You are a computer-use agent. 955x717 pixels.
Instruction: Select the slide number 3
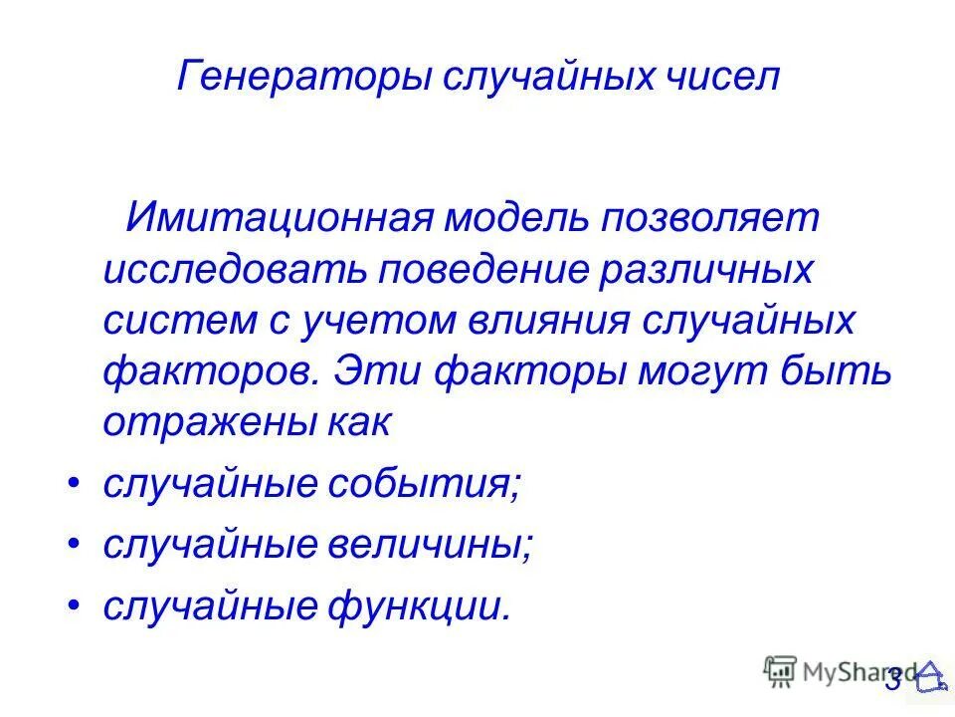[x=892, y=679]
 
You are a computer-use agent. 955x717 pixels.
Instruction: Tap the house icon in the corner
[x=931, y=676]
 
